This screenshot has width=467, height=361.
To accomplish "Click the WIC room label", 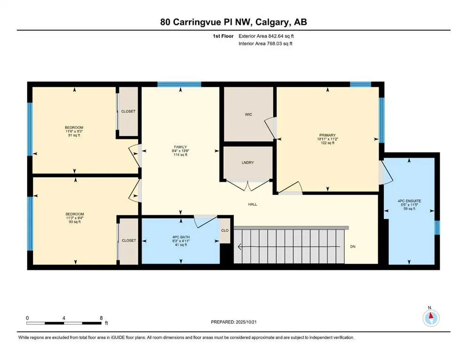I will click(248, 114).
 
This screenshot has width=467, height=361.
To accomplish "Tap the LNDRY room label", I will click(247, 163).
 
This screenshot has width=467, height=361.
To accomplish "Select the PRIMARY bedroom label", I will click(326, 135).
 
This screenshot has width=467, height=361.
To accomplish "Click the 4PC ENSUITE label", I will click(409, 201).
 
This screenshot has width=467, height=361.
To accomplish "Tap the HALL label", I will click(253, 204).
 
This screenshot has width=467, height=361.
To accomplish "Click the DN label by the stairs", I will click(352, 246).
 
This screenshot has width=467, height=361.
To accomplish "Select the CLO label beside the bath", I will click(225, 231).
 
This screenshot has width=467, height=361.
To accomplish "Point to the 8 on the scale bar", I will click(101, 318).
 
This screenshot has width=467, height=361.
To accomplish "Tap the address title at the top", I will click(233, 22).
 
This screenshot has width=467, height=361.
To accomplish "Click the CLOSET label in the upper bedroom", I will click(128, 111).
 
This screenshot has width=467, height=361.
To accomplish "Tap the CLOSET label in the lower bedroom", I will click(128, 240).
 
